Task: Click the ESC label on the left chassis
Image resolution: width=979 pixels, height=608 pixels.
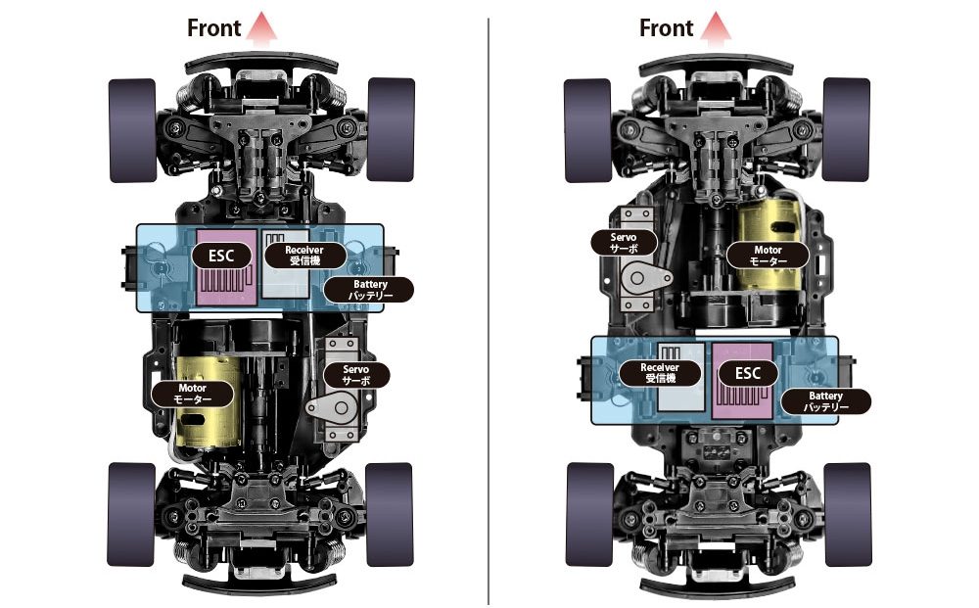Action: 221,256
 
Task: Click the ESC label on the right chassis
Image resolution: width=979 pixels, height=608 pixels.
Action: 747,374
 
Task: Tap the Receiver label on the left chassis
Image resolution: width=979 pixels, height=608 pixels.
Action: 304,255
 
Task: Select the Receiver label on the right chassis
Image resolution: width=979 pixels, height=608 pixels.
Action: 660,373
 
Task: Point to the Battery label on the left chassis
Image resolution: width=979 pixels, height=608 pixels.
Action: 370,290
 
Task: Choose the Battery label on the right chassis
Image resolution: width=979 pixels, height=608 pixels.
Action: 825,401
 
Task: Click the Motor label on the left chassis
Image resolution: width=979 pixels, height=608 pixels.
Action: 192,394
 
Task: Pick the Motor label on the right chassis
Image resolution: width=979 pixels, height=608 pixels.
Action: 768,256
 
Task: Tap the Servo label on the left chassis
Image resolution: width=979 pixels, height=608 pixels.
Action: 356,375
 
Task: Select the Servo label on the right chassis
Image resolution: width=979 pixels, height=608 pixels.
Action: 624,243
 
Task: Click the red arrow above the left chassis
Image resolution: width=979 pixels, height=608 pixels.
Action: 261,28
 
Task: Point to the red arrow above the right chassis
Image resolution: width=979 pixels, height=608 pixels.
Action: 716,28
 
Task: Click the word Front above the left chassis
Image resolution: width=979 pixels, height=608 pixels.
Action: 213,28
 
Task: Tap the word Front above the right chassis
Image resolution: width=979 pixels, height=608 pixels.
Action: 666,28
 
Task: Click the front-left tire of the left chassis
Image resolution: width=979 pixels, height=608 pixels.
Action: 132,130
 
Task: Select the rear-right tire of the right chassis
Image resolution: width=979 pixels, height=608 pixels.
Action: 848,515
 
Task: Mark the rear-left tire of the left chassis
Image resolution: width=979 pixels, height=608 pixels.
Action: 131,515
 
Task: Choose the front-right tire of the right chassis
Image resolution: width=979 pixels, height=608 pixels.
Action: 847,130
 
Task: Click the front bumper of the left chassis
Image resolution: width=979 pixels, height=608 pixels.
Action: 261,63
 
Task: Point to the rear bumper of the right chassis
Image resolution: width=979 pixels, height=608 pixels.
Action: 718,585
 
